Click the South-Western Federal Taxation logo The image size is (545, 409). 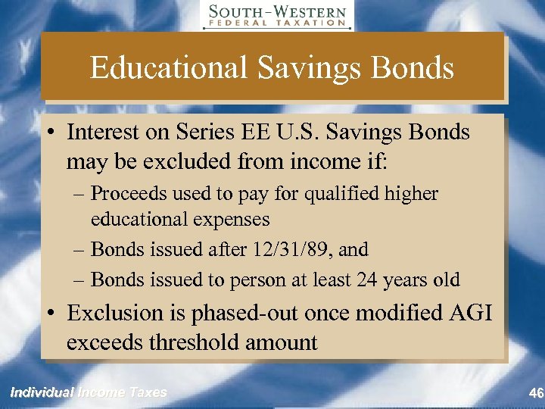(276, 16)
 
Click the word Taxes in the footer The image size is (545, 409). (148, 392)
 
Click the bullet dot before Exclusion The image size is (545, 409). (53, 313)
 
